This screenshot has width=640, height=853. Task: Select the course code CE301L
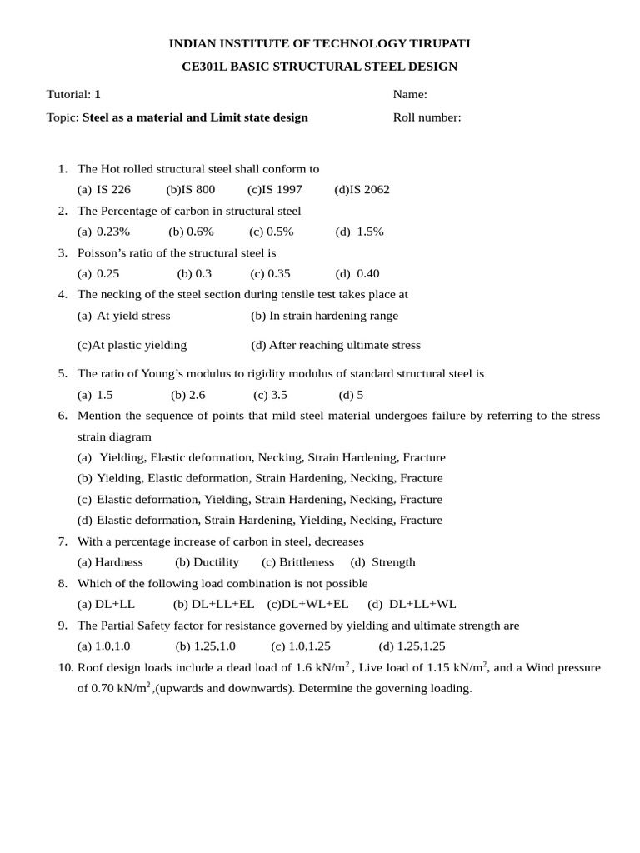pyautogui.click(x=206, y=67)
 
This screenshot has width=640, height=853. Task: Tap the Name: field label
pyautogui.click(x=410, y=95)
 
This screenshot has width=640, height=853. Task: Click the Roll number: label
pyautogui.click(x=427, y=117)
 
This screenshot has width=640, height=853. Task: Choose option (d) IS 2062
pyautogui.click(x=362, y=190)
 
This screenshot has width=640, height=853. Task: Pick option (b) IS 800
pyautogui.click(x=191, y=190)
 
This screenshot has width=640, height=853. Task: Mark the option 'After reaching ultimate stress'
pyautogui.click(x=336, y=345)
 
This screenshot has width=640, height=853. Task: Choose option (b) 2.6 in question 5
pyautogui.click(x=187, y=396)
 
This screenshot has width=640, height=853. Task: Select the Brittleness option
pyautogui.click(x=297, y=562)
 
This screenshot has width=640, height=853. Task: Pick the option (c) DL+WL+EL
pyautogui.click(x=307, y=605)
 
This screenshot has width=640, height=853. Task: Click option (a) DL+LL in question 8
pyautogui.click(x=106, y=605)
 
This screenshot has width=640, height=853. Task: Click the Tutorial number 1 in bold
pyautogui.click(x=97, y=95)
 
